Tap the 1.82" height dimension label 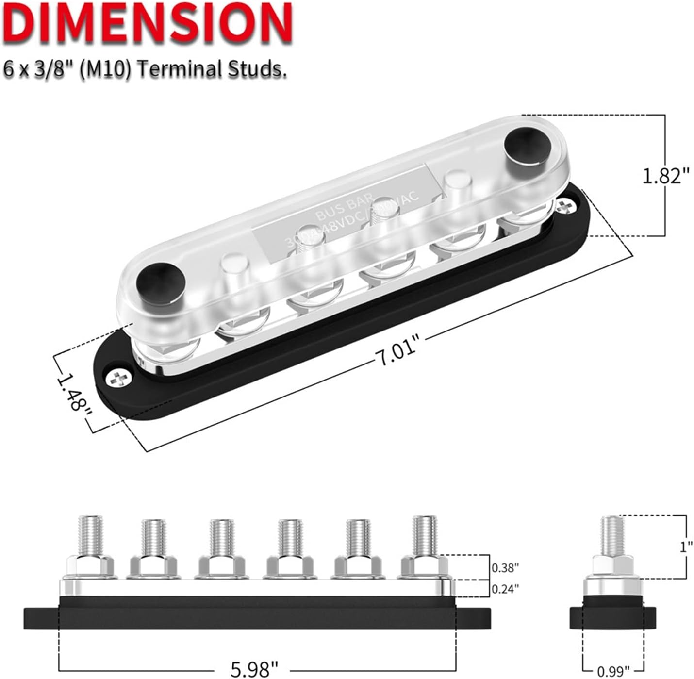click(x=665, y=176)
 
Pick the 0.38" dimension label click(x=505, y=567)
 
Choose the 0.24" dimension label click(x=505, y=588)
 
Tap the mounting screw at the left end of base click(x=118, y=378)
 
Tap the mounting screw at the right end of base click(x=564, y=206)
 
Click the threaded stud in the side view click(x=613, y=536)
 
